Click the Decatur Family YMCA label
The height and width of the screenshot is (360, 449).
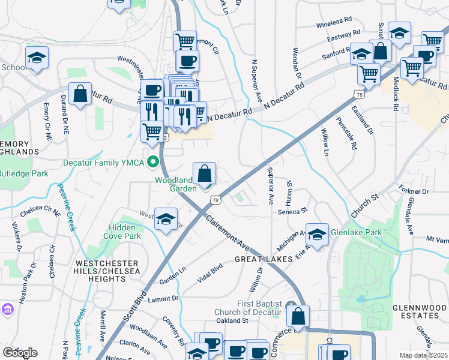[106, 162]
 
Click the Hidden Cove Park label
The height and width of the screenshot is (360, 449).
[125, 232]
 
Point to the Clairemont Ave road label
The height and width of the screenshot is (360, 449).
[228, 233]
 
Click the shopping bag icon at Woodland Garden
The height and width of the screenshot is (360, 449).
[205, 174]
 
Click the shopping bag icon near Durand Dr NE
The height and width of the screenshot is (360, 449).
[80, 94]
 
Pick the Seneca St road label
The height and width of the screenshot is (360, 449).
[292, 211]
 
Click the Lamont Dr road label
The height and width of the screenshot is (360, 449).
[163, 298]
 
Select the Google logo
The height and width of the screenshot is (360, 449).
[20, 353]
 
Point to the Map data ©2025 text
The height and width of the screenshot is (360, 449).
[424, 355]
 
